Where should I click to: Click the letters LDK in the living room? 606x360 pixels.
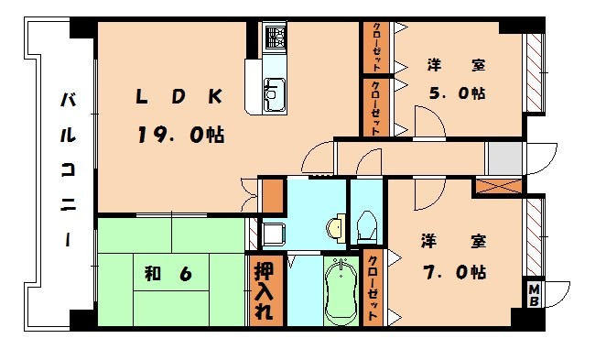click(180, 96)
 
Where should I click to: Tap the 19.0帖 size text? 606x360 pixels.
click(180, 135)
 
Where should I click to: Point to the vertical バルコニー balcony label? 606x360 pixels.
click(68, 169)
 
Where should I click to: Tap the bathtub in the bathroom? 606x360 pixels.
click(342, 289)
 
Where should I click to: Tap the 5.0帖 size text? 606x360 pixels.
click(457, 93)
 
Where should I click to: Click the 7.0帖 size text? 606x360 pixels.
click(454, 271)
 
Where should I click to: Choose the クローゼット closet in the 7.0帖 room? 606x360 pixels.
click(373, 285)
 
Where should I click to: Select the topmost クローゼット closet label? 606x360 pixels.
click(376, 48)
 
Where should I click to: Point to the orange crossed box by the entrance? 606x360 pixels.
click(497, 186)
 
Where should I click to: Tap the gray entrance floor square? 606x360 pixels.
click(504, 159)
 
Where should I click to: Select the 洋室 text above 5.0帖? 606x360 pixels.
click(456, 65)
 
